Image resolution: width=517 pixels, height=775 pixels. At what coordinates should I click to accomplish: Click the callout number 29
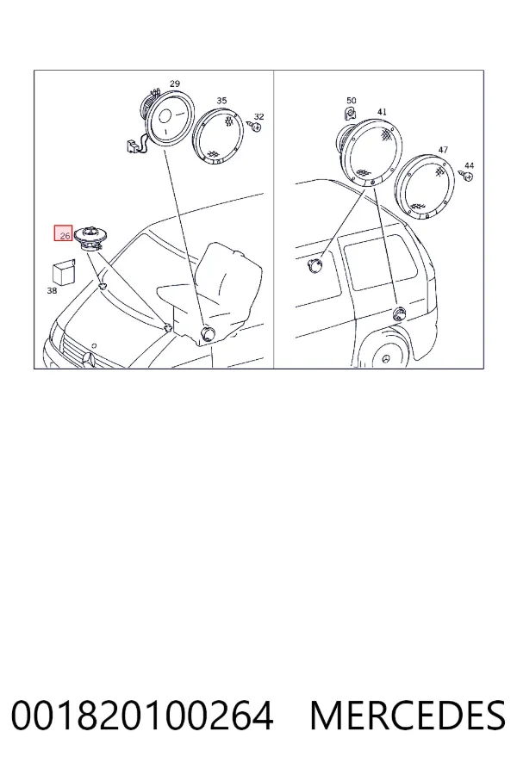[x=175, y=84]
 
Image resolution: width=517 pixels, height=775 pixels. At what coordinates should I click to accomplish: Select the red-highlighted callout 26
[x=64, y=232]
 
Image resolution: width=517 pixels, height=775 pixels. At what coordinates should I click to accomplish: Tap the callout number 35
[x=221, y=101]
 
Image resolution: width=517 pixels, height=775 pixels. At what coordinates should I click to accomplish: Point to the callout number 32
[x=258, y=116]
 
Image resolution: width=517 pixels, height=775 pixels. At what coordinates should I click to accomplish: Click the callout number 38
[x=52, y=291]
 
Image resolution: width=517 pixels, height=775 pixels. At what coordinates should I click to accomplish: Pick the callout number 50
[x=352, y=101]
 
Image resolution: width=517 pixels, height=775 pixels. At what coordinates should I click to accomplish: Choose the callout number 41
[x=382, y=112]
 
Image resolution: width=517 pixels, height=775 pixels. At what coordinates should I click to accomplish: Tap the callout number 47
[x=443, y=150]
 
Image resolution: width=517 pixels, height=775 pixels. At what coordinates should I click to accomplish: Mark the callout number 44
[x=469, y=166]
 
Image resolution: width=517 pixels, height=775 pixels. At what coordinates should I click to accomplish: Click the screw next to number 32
[x=257, y=127]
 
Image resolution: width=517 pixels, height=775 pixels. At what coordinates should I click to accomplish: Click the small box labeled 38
[x=63, y=272]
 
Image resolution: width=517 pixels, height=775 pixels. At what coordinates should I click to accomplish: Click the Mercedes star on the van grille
[x=89, y=360]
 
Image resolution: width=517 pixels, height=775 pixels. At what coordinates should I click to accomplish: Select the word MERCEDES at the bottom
[x=408, y=716]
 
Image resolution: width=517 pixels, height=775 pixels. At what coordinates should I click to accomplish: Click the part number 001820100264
[x=142, y=716]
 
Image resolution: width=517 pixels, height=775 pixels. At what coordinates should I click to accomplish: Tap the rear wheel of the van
[x=384, y=356]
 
